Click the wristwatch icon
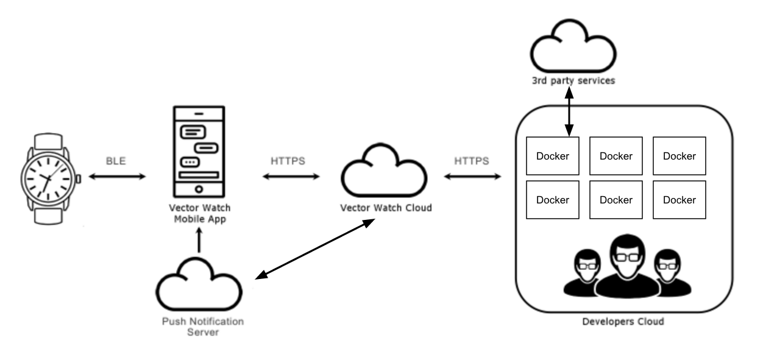point(49,178)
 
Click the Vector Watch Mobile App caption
point(199,214)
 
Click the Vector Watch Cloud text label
point(386,208)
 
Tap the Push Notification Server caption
point(202,326)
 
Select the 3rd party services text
point(573,80)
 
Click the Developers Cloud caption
point(623,321)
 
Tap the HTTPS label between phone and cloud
point(288,161)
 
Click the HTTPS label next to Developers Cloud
point(471,161)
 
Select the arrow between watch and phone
point(117,177)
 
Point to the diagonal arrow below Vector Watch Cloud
point(314,249)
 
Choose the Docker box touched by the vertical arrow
point(552,156)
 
